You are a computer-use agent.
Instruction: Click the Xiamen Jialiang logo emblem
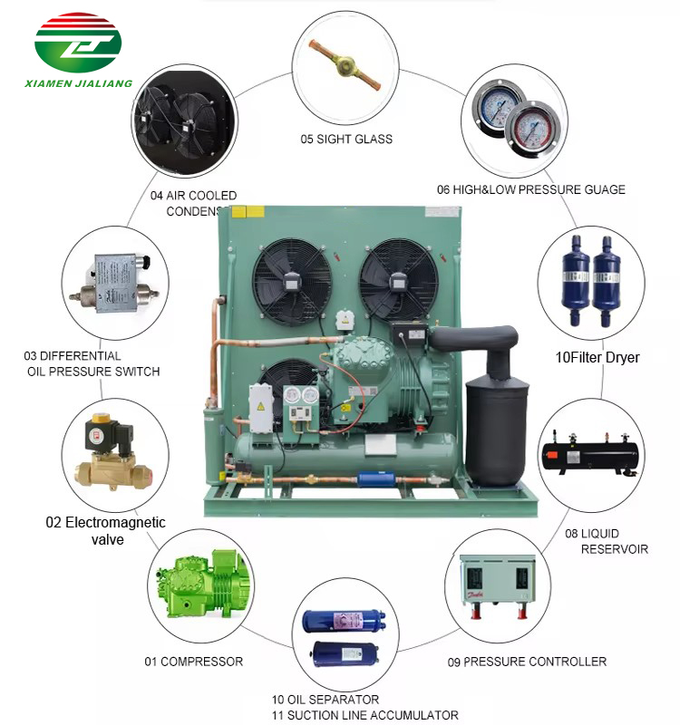pos(77,43)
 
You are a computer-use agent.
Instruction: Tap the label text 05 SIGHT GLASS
pos(346,140)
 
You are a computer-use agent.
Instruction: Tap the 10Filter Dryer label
pos(597,357)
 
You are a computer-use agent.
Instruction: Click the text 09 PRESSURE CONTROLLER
pos(527,662)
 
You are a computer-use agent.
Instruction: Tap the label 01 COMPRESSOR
pos(194,662)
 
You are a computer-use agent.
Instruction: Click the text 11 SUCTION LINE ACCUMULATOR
pos(364,715)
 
